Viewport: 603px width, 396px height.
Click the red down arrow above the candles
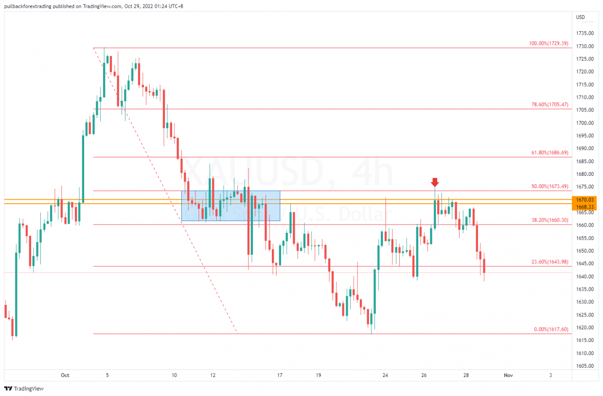point(435,182)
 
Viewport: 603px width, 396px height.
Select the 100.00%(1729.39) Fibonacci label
point(548,43)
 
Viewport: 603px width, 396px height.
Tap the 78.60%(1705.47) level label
point(549,104)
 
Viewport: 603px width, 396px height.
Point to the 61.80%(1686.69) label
point(549,152)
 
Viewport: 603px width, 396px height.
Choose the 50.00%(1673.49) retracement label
point(549,186)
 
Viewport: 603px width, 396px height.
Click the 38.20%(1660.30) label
point(549,220)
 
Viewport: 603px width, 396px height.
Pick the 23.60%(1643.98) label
point(549,262)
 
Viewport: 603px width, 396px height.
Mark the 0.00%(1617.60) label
point(550,329)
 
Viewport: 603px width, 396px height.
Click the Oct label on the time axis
point(65,375)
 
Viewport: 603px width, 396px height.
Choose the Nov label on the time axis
point(508,375)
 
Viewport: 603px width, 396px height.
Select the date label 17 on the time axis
point(280,375)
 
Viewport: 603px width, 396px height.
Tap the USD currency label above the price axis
point(580,17)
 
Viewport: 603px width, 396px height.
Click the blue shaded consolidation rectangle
point(231,205)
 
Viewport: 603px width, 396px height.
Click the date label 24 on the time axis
point(385,375)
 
